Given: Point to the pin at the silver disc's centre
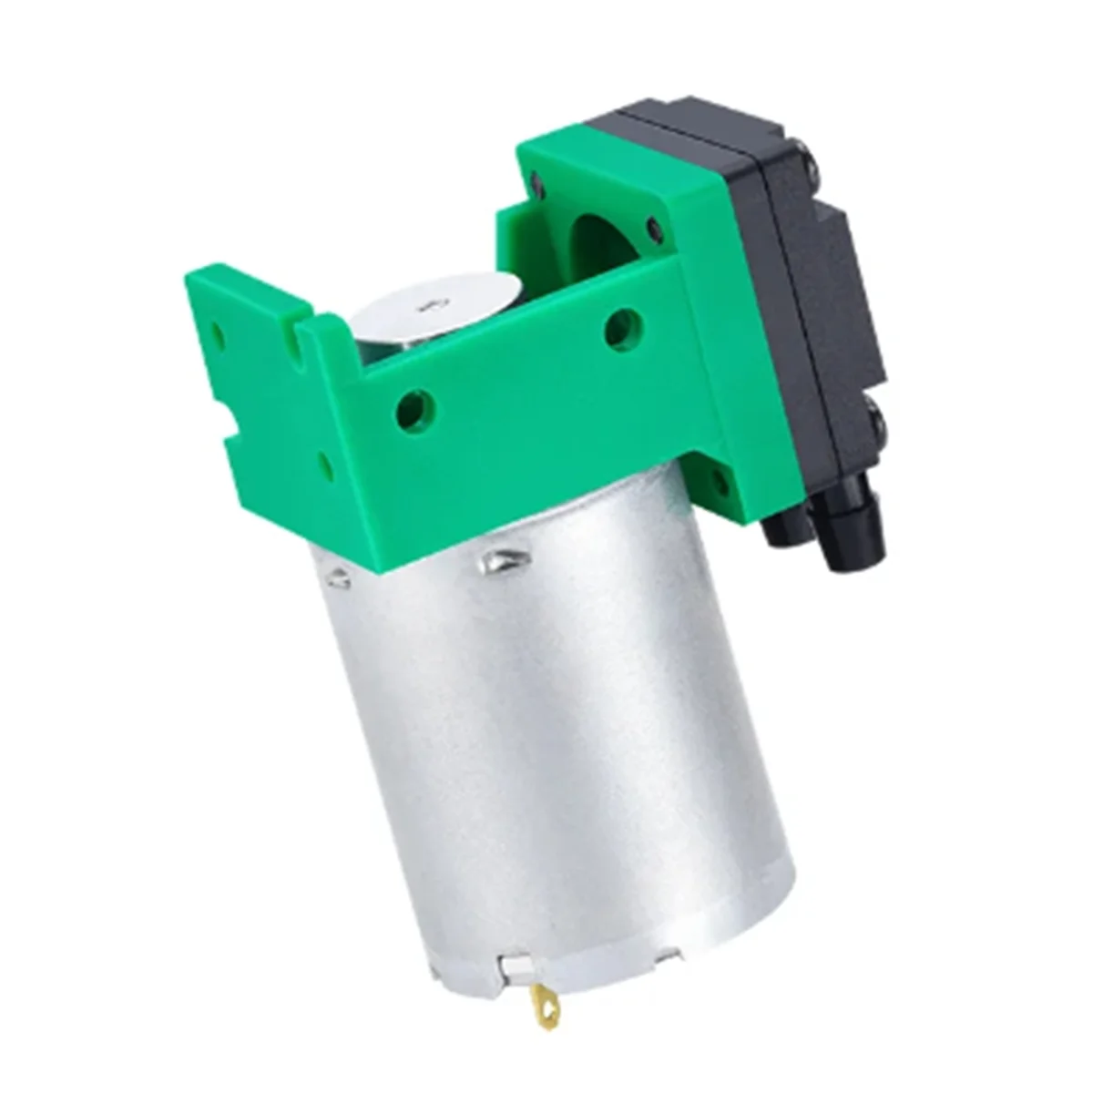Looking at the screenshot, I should tap(424, 311).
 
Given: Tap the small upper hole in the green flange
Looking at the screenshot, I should tap(216, 325).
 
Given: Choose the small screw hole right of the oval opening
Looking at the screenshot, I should tap(653, 224).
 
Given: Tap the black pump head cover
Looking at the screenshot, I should tap(820, 273).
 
